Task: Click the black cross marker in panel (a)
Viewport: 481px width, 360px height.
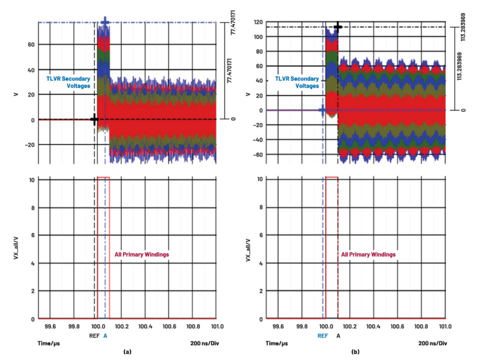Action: (94, 119)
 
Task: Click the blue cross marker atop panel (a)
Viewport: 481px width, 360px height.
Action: (105, 22)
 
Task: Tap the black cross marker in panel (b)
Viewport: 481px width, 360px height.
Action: (338, 27)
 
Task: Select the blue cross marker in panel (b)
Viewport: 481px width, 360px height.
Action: (322, 110)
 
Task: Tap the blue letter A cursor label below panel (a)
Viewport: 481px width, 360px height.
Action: (105, 335)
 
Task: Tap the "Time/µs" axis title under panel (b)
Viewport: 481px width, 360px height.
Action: (276, 343)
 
